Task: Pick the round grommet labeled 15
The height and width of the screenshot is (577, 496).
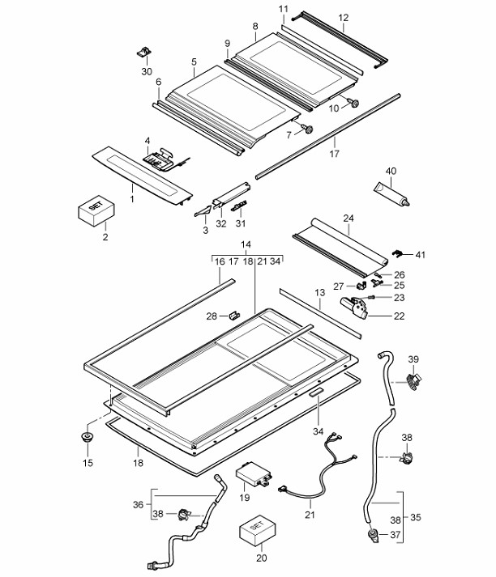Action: (87, 438)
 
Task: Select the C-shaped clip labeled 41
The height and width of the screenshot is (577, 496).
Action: (397, 255)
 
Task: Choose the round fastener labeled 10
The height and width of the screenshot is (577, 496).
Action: (355, 103)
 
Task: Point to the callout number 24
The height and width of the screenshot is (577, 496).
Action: (348, 218)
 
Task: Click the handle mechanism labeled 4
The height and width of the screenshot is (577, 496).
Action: (162, 156)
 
